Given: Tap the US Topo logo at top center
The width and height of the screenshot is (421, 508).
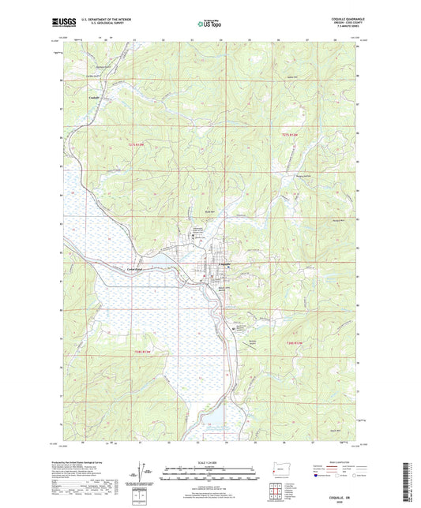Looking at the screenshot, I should click(209, 24).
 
